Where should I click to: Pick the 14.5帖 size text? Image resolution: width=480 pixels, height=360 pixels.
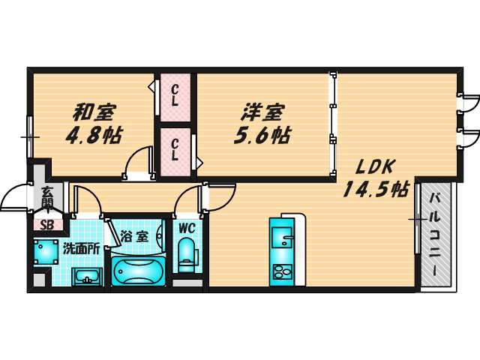pos(375,189)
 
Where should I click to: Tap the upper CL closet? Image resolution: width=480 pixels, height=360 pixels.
pos(175,95)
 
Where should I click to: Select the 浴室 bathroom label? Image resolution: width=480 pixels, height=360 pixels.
pos(136,235)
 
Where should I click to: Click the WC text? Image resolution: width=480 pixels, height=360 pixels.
pos(187,227)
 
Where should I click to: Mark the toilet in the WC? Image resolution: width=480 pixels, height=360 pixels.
pos(186,254)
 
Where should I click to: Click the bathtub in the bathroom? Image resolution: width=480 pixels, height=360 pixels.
pos(137,271)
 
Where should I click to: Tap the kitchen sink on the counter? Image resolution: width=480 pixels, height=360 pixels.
pos(283,240)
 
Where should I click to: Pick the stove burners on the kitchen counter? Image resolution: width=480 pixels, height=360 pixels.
pos(283,271)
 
